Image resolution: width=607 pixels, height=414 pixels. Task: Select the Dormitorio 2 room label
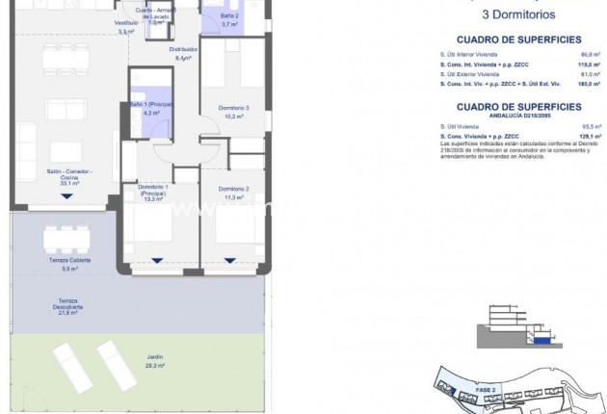tap(234, 192)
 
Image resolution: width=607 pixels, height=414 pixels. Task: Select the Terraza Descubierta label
tap(67, 306)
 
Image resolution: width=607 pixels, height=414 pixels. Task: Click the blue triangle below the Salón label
tap(66, 196)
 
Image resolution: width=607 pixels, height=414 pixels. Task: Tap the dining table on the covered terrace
tap(66, 238)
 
